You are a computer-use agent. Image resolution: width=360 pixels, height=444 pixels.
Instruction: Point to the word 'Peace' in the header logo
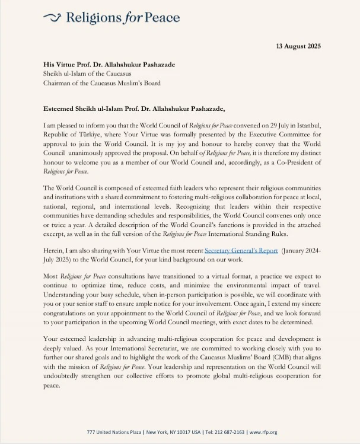tap(160, 18)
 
